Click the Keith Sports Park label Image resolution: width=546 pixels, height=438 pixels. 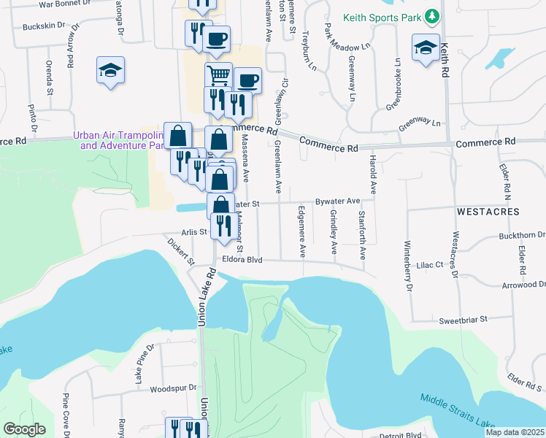pyautogui.click(x=384, y=16)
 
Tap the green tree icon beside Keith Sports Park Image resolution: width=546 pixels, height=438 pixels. pyautogui.click(x=432, y=15)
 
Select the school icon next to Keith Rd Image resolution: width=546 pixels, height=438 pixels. pyautogui.click(x=426, y=48)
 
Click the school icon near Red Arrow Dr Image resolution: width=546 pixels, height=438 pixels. pyautogui.click(x=109, y=70)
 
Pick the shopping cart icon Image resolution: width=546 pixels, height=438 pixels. pyautogui.click(x=218, y=74)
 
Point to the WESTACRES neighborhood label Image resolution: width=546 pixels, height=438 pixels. pyautogui.click(x=488, y=212)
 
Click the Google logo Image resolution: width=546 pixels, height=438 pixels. pyautogui.click(x=24, y=429)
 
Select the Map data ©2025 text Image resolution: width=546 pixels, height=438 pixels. pyautogui.click(x=515, y=432)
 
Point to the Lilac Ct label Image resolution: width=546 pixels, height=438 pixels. pyautogui.click(x=429, y=266)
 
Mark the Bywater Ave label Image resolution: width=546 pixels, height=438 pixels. pyautogui.click(x=338, y=201)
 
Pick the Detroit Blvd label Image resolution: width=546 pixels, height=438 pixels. pyautogui.click(x=401, y=435)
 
